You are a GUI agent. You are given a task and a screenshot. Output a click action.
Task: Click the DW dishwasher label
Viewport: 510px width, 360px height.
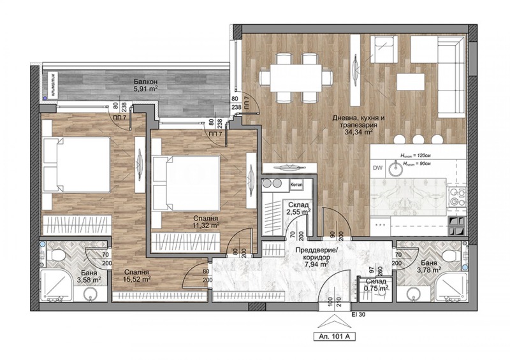(x=377, y=168)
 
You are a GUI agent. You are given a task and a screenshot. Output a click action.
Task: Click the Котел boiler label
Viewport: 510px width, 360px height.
(x=296, y=184)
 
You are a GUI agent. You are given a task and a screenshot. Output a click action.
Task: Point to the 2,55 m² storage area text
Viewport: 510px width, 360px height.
(x=298, y=210)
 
